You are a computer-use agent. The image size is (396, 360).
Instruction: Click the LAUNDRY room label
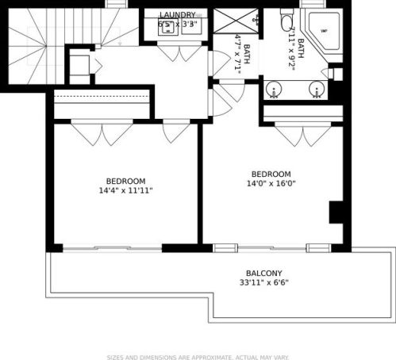[177, 15]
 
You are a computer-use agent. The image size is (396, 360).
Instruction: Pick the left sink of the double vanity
[275, 88]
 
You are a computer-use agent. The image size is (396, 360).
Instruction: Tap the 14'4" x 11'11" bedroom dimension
[125, 190]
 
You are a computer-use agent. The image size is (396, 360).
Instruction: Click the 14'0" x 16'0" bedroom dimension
[271, 186]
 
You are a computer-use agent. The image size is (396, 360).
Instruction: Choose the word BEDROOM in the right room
[271, 174]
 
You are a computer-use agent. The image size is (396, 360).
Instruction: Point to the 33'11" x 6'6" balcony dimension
[264, 282]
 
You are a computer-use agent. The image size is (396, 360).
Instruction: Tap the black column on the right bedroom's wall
[336, 213]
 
